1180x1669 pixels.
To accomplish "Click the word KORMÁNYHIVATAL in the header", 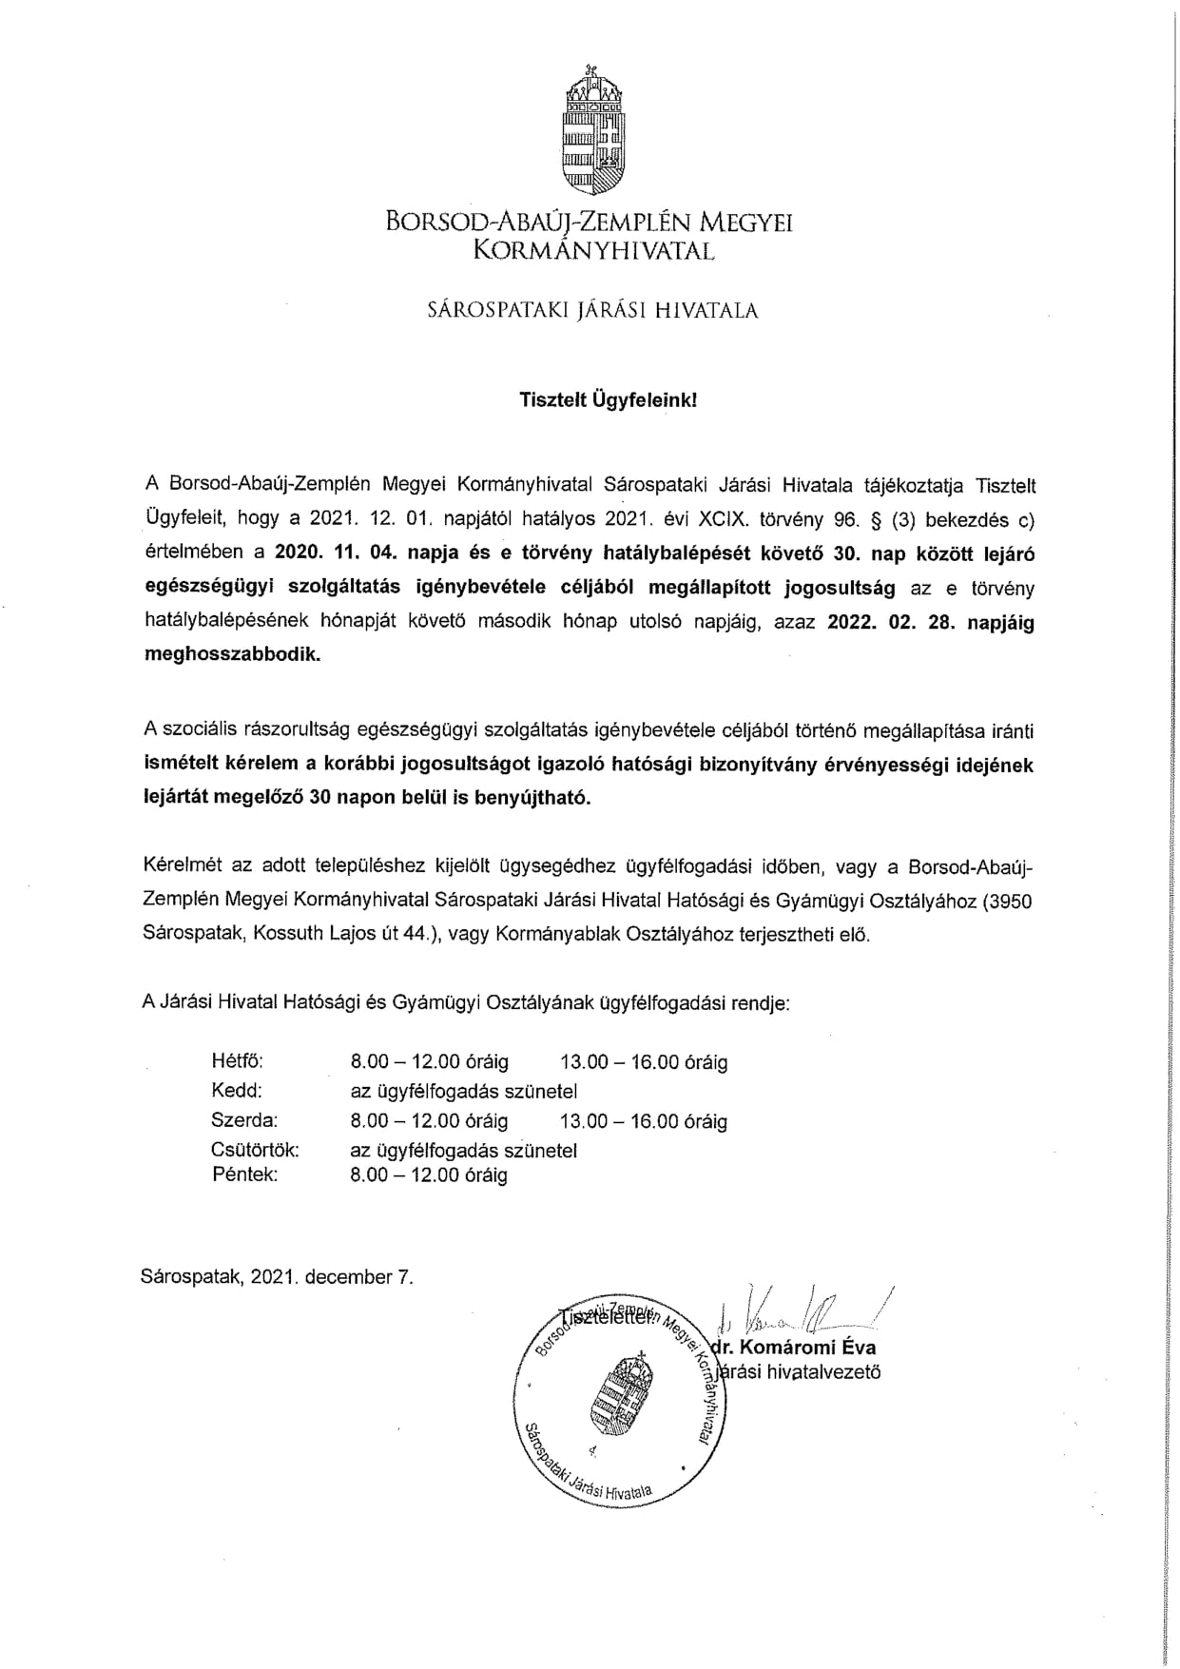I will click(x=593, y=251).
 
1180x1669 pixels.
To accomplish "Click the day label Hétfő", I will click(x=237, y=1061).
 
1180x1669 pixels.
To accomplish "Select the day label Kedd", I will click(x=236, y=1091).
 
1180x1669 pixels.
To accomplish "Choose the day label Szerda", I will click(x=244, y=1120).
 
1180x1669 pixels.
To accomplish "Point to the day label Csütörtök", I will click(x=255, y=1150).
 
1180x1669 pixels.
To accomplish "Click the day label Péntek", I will click(x=244, y=1175).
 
